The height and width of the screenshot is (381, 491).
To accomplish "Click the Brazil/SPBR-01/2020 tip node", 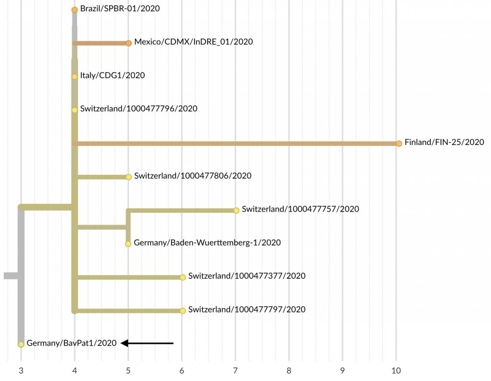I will tap(74, 10).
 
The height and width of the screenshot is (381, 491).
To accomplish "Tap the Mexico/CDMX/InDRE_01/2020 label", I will tap(193, 42).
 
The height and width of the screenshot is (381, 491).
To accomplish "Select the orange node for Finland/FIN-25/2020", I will tap(398, 143).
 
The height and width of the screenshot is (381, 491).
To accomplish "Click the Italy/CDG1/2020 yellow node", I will tap(74, 77).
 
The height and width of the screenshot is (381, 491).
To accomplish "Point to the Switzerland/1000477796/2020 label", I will tap(139, 109).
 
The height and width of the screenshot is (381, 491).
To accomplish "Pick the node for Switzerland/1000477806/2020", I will tap(129, 177).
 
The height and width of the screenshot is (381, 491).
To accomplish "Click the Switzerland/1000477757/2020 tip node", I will tap(236, 210).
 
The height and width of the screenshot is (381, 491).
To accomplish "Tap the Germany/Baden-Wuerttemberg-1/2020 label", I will tap(207, 243).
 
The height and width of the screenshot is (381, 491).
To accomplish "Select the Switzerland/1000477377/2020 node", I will tap(183, 277).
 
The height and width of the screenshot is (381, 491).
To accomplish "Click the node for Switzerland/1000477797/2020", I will tap(183, 311).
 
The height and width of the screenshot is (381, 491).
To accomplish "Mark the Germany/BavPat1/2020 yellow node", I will tap(21, 344).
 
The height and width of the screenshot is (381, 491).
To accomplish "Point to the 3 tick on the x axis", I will tap(21, 370).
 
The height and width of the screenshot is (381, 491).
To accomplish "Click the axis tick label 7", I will tap(235, 370).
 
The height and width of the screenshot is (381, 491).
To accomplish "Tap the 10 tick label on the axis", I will tap(396, 370).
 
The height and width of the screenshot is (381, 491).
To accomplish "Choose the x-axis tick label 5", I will tap(128, 370).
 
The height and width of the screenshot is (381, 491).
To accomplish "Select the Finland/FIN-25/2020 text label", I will tap(444, 142).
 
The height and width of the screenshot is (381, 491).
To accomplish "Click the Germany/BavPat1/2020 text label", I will tap(71, 343).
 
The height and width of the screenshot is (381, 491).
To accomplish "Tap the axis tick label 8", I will tap(289, 370).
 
